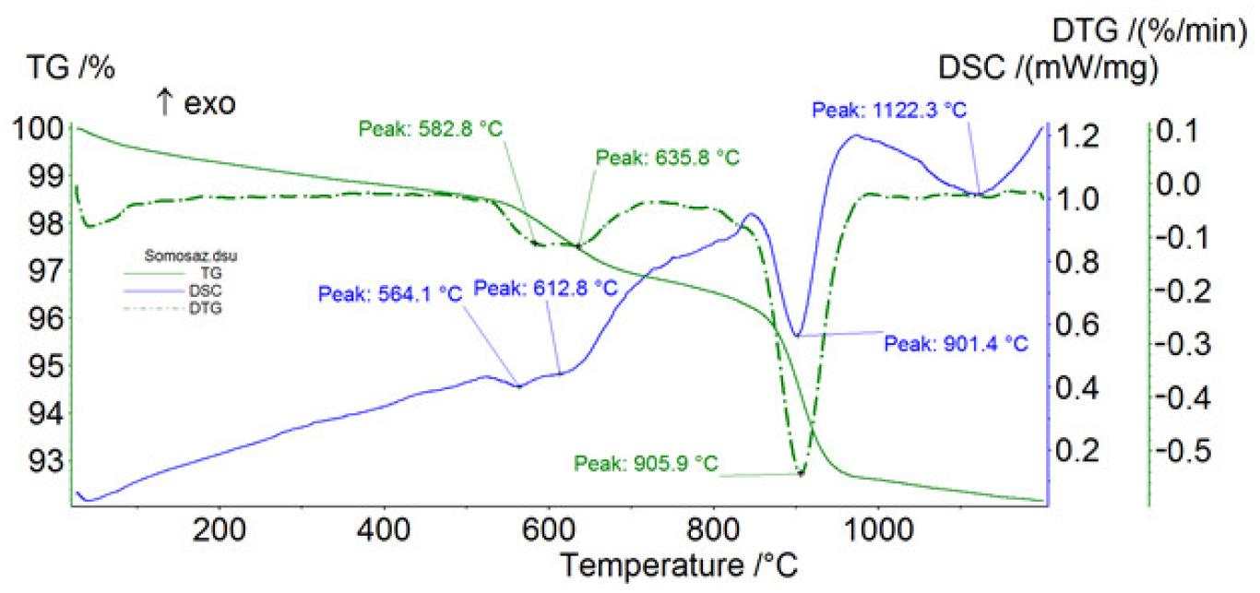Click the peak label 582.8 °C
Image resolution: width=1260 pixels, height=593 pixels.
pos(430,128)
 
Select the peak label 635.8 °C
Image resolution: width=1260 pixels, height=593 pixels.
pos(668,158)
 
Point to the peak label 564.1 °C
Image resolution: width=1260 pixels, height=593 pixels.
pos(389,294)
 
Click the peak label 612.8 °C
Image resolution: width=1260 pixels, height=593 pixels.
pos(545,288)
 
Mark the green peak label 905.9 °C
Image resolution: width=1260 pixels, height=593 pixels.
pos(645,462)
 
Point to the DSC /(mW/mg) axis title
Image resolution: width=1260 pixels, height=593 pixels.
pos(1048,68)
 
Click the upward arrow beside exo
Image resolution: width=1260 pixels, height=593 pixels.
pos(164,104)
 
